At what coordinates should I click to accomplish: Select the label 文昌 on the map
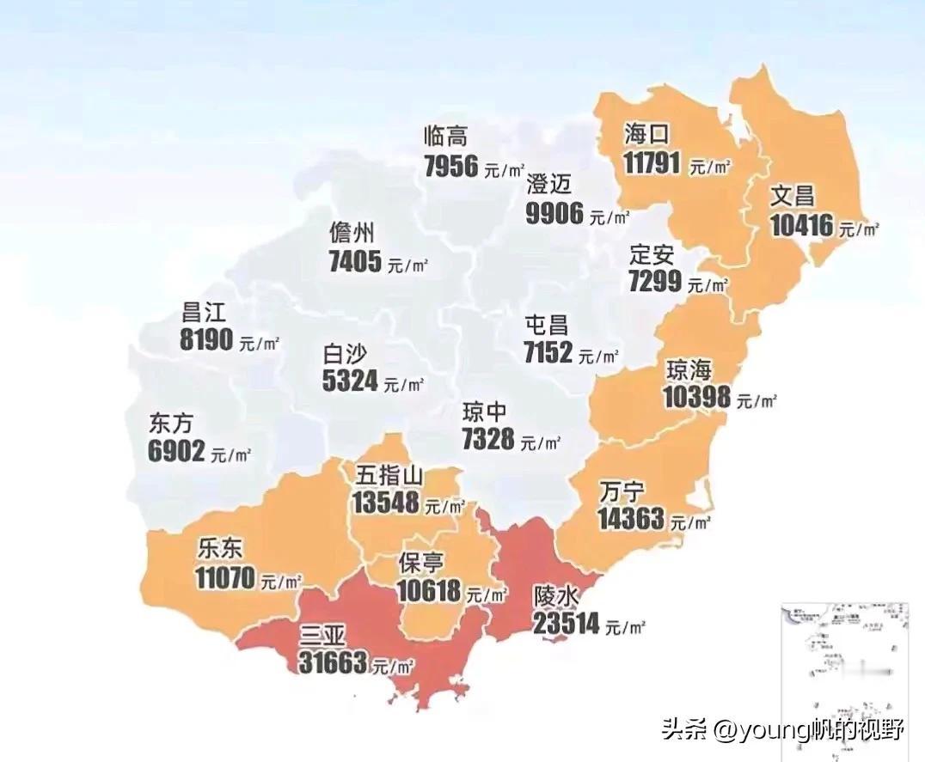point(792,195)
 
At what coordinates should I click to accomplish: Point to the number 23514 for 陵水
point(566,624)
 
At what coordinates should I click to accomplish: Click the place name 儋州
point(352,233)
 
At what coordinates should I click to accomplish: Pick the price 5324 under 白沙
point(350,381)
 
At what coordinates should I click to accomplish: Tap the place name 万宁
point(622,492)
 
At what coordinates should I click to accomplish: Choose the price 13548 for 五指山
point(385,503)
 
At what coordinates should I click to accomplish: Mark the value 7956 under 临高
point(451,166)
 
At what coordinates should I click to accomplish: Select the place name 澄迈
point(548,185)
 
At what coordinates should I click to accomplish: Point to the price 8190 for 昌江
point(206,339)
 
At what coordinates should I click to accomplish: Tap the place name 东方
point(171,424)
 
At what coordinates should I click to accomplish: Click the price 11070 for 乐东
point(225,578)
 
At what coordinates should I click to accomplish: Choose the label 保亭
point(421,563)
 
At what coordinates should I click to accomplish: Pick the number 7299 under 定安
point(654,281)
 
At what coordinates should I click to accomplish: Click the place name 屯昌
point(547,325)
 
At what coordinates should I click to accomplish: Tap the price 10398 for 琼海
point(696,397)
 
